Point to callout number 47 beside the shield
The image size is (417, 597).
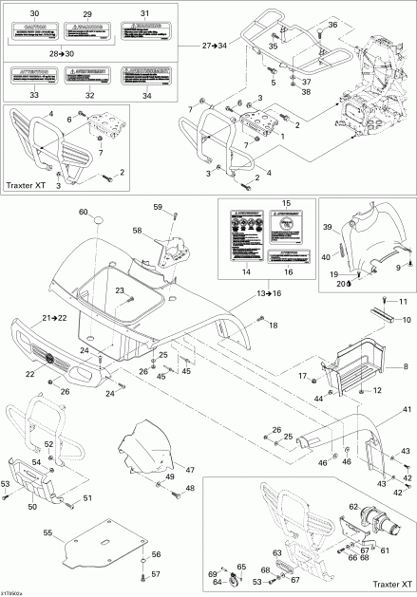coord(190,469)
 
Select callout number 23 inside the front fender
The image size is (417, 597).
coord(121,289)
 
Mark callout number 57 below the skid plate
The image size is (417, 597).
coord(156,574)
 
